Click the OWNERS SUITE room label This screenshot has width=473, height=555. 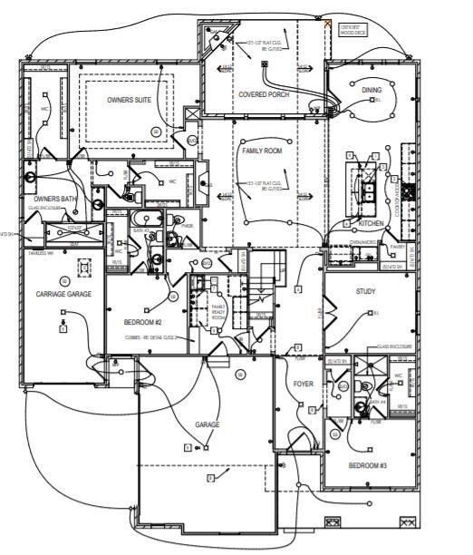129,100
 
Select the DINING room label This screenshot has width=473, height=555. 372,91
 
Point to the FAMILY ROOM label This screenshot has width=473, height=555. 262,151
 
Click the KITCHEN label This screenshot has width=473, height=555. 372,223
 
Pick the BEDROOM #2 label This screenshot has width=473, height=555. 141,322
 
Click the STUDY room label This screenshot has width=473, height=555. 365,291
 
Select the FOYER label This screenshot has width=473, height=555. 304,384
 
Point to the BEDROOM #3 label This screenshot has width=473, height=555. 368,464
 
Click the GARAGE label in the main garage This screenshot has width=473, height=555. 207,424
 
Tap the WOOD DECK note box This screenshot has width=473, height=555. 354,30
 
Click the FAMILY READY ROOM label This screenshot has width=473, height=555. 218,313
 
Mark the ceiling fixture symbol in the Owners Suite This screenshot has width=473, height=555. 156,131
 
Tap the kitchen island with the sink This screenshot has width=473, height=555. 370,189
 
